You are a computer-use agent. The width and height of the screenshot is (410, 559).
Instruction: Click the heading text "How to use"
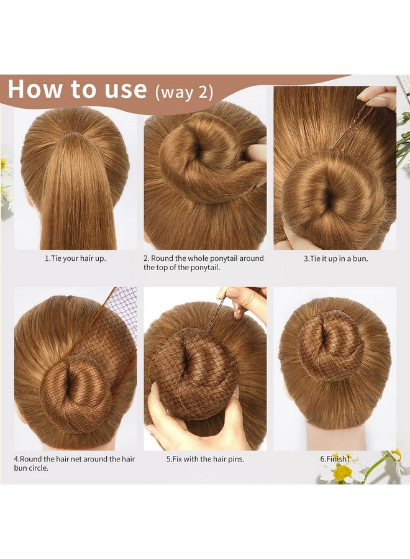pyautogui.click(x=77, y=89)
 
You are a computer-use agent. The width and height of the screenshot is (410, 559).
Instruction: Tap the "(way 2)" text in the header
pyautogui.click(x=184, y=92)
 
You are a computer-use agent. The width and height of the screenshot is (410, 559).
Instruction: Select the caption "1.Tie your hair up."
pyautogui.click(x=75, y=258)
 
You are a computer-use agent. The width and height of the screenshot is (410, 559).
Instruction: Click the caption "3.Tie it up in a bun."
pyautogui.click(x=335, y=258)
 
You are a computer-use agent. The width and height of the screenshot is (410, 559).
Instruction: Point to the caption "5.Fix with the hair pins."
pyautogui.click(x=205, y=459)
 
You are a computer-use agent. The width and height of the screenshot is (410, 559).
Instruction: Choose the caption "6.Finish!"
pyautogui.click(x=335, y=459)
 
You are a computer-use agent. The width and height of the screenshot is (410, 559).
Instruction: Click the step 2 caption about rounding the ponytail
pyautogui.click(x=204, y=263)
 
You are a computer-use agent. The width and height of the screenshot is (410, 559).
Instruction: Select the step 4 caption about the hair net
pyautogui.click(x=74, y=463)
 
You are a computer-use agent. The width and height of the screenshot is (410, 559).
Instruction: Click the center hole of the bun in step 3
pyautogui.click(x=327, y=198)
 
